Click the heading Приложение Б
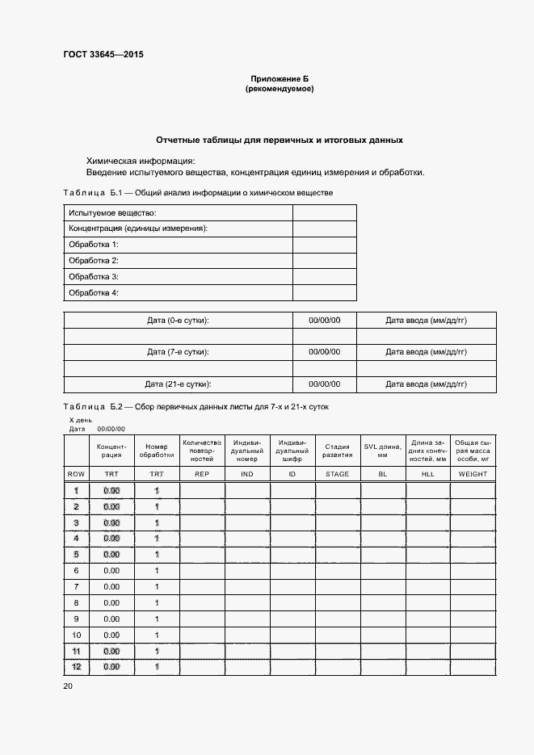pyautogui.click(x=279, y=78)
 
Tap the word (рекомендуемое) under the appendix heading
pyautogui.click(x=279, y=89)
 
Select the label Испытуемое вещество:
pyautogui.click(x=112, y=212)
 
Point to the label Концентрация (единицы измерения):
pyautogui.click(x=138, y=229)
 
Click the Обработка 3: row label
pyautogui.click(x=94, y=277)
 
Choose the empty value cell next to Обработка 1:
pyautogui.click(x=324, y=245)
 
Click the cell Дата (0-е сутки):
pyautogui.click(x=178, y=321)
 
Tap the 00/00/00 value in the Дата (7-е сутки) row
pyautogui.click(x=324, y=352)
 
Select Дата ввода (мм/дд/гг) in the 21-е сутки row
pyautogui.click(x=426, y=384)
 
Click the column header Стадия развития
pyautogui.click(x=338, y=451)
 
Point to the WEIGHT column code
pyautogui.click(x=473, y=474)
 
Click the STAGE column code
pyautogui.click(x=338, y=474)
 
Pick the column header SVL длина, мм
pyautogui.click(x=383, y=451)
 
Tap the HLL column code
pyautogui.click(x=428, y=474)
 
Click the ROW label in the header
pyautogui.click(x=76, y=474)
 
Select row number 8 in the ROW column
pyautogui.click(x=76, y=602)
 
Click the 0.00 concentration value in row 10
pyautogui.click(x=111, y=635)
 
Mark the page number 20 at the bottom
pyautogui.click(x=68, y=686)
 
